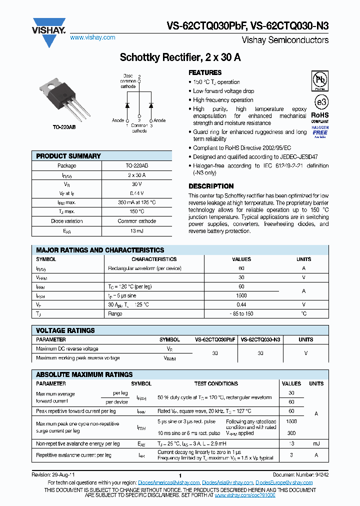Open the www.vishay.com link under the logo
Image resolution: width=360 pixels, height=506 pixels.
92,37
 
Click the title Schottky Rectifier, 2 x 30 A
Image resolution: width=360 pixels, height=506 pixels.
180,57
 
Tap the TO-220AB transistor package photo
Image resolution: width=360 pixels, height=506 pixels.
60,99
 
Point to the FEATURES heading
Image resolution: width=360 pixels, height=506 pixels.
205,72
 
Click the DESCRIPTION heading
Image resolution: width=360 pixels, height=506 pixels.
211,186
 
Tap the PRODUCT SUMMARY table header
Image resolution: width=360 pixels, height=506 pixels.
68,156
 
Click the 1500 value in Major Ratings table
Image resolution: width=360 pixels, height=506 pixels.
241,295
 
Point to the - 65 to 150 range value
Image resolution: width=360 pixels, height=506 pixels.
241,313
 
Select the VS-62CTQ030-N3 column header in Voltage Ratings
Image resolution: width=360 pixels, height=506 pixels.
260,339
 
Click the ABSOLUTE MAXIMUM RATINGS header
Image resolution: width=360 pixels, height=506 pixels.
84,374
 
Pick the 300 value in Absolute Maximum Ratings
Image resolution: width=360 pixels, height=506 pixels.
291,433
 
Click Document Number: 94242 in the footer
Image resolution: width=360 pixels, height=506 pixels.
301,474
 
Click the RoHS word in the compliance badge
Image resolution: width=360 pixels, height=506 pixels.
320,114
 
